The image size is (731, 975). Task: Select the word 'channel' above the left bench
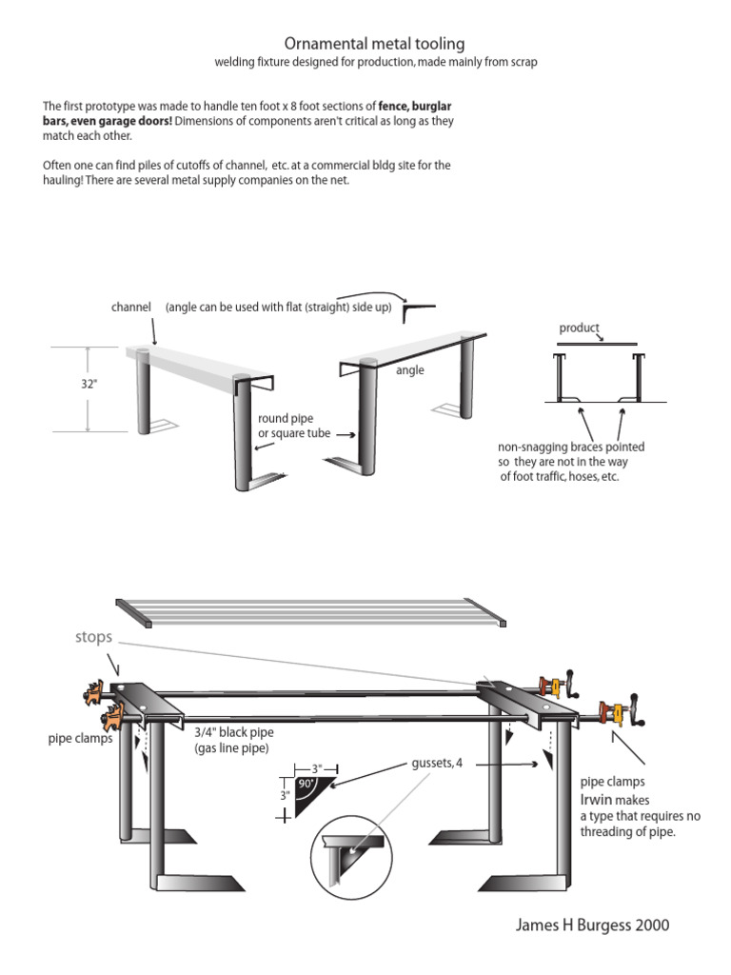(x=131, y=308)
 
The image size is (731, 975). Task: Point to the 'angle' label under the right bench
(x=410, y=369)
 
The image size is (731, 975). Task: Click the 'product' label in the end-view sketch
(x=579, y=328)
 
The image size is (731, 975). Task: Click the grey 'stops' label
(x=93, y=636)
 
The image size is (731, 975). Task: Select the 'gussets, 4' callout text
(x=437, y=764)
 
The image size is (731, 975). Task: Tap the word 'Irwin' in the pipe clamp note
(x=597, y=800)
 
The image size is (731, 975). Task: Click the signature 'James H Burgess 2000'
(x=592, y=925)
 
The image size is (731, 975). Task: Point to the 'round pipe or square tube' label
(x=286, y=427)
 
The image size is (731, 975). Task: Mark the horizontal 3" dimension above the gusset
(x=317, y=767)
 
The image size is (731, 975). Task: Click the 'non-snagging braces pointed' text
(x=571, y=447)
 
